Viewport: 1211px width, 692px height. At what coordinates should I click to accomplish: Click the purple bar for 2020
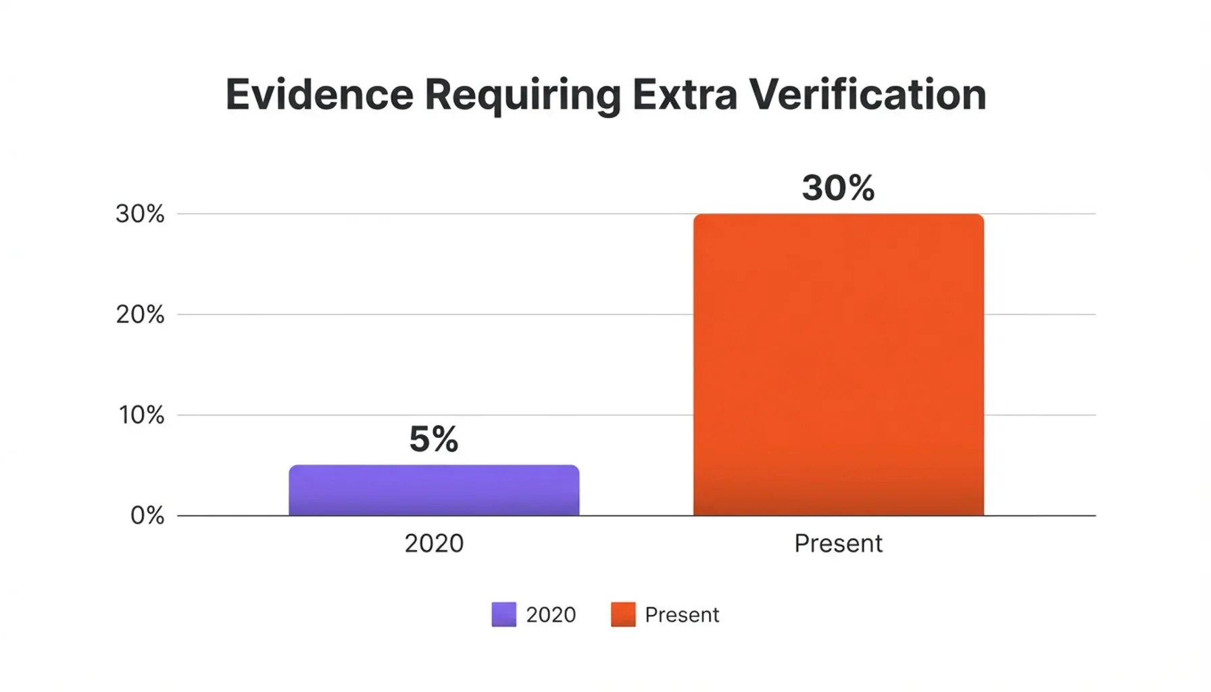click(x=434, y=491)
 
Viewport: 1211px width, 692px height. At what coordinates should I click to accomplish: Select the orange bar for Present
click(x=838, y=365)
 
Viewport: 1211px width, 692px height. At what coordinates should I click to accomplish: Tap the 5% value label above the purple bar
click(x=434, y=439)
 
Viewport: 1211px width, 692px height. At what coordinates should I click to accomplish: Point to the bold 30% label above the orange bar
click(x=838, y=188)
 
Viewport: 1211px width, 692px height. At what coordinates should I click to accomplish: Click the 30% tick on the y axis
click(x=140, y=214)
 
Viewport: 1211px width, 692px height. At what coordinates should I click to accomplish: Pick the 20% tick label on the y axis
click(x=140, y=315)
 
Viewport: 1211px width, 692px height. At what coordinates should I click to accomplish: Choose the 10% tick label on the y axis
click(x=141, y=416)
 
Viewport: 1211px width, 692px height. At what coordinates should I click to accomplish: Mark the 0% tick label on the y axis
click(x=147, y=516)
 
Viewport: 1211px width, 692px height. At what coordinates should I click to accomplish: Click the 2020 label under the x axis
click(x=434, y=543)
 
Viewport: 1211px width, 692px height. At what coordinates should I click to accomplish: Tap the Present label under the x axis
click(x=838, y=543)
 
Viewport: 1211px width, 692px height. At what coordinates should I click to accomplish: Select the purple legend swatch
click(x=503, y=614)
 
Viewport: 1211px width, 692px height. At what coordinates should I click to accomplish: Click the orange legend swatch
click(x=623, y=614)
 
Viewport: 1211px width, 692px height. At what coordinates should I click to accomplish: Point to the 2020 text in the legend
click(x=551, y=615)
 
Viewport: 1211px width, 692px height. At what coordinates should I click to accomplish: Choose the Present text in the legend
click(x=682, y=615)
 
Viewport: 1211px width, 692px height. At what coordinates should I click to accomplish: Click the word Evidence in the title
click(x=319, y=95)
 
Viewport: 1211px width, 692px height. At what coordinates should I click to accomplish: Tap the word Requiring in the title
click(x=522, y=96)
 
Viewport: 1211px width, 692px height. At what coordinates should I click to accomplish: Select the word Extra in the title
click(x=685, y=95)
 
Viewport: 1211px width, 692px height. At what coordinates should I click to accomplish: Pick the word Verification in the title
click(x=868, y=95)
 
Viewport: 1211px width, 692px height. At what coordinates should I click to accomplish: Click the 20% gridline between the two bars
click(x=635, y=314)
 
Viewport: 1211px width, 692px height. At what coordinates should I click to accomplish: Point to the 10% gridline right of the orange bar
click(x=1041, y=415)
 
